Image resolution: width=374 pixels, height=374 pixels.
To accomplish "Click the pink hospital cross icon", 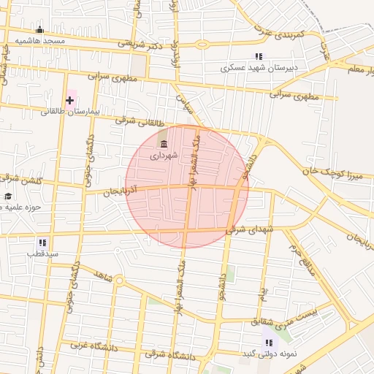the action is click(x=70, y=99).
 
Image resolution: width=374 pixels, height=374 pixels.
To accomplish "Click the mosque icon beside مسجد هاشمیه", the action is click(x=39, y=30).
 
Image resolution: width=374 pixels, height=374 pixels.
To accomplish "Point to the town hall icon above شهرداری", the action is click(x=163, y=143).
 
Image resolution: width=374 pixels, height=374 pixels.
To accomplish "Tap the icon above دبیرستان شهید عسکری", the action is click(x=258, y=56).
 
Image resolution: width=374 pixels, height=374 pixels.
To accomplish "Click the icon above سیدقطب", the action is click(x=42, y=242).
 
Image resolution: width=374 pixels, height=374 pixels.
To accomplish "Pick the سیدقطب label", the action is click(x=42, y=254).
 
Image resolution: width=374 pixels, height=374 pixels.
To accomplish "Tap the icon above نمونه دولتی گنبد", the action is click(x=269, y=342).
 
